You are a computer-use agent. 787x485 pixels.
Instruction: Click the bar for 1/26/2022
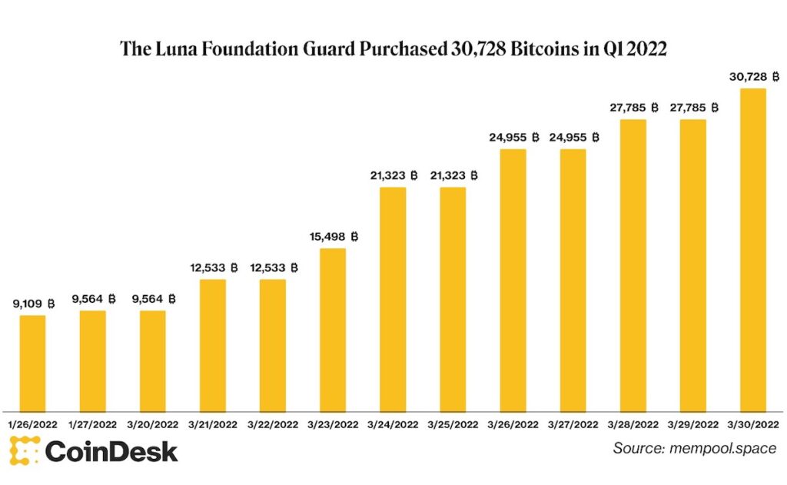pos(32,362)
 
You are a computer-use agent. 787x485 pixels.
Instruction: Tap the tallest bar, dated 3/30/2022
pos(752,249)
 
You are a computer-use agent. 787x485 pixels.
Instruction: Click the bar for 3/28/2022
pos(633,264)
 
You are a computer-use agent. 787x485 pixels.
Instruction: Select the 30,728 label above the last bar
pos(747,77)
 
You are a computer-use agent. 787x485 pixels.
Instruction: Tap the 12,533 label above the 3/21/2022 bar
pos(208,267)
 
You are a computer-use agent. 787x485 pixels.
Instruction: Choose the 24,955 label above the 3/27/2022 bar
pos(567,138)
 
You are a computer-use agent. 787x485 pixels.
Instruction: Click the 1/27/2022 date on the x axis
pos(92,424)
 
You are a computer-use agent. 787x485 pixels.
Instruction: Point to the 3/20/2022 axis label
pos(152,424)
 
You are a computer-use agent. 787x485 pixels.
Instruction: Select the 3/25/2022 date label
pos(453,424)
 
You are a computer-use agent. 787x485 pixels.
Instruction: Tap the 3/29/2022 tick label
pos(692,424)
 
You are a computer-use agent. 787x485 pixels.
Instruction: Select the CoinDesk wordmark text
pos(111,451)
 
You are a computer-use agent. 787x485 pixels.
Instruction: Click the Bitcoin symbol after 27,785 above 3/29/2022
pos(715,108)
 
